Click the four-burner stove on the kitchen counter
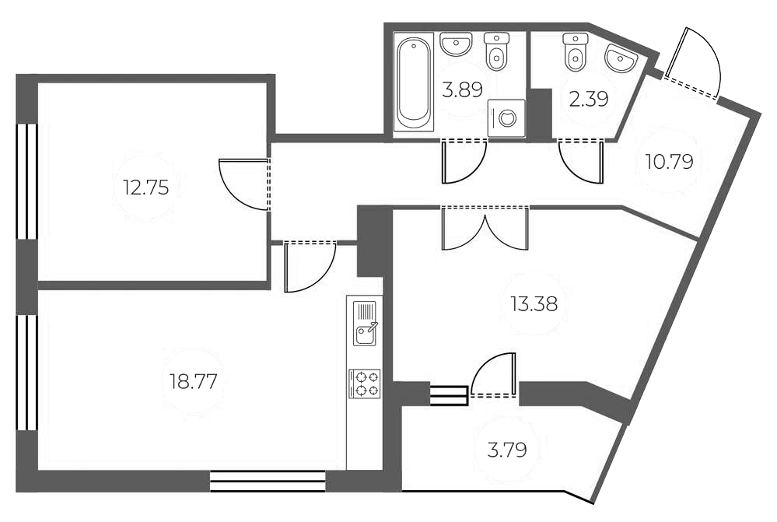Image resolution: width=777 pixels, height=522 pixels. point(365,384)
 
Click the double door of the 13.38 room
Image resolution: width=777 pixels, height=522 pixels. point(485,227)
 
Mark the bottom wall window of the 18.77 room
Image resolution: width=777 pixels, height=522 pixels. point(268,481)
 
